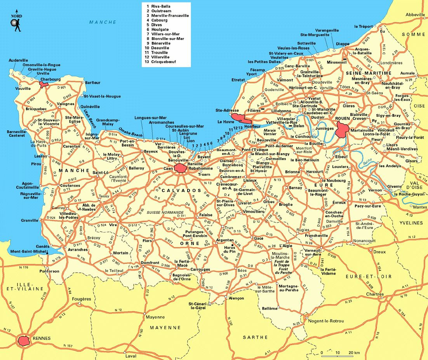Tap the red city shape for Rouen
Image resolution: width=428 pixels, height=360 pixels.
click(x=343, y=129)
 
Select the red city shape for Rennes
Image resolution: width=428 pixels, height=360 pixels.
click(x=24, y=341)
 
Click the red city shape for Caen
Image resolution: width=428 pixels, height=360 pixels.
click(x=180, y=168)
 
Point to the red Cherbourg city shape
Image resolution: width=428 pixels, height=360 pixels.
click(x=44, y=83)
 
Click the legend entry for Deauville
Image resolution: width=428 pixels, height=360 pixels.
click(x=158, y=48)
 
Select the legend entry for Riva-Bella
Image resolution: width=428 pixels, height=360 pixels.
click(x=159, y=7)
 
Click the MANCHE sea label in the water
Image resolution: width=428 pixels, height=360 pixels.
click(x=103, y=22)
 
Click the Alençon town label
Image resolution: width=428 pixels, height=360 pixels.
click(x=236, y=298)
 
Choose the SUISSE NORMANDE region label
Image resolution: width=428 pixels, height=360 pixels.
click(x=165, y=213)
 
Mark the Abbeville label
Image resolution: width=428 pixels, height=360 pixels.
click(x=415, y=14)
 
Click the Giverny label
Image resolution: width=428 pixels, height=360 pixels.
click(x=394, y=187)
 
